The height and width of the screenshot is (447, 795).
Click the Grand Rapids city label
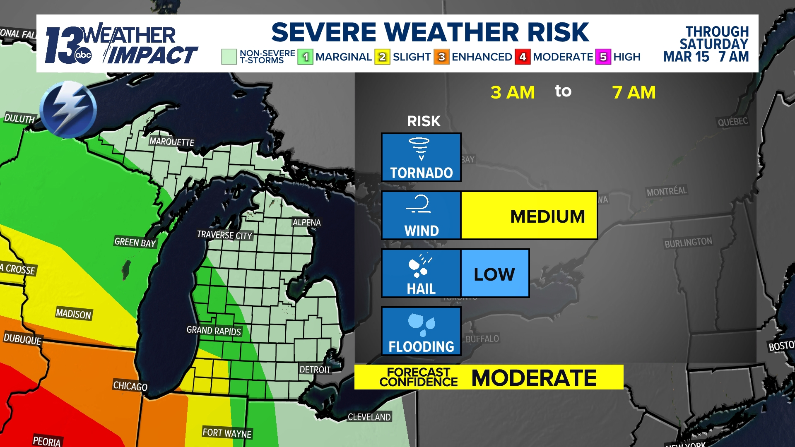[x=214, y=331]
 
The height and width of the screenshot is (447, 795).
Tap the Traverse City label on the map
[x=224, y=235]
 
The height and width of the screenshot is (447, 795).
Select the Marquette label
[x=172, y=142]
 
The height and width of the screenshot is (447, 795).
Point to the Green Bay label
[x=135, y=243]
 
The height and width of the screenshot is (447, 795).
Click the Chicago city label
[x=130, y=386]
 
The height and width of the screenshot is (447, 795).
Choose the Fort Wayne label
[x=227, y=433]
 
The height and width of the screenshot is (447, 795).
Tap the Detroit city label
[x=315, y=370]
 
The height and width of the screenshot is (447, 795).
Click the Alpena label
[x=306, y=223]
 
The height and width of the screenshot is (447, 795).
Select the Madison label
[x=73, y=314]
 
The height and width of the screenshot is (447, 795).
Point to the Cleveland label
[x=369, y=417]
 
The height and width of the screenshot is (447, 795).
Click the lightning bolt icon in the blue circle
[x=68, y=109]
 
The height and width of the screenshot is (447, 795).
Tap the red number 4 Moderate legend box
[x=523, y=57]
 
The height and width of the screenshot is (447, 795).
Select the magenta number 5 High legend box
[x=603, y=57]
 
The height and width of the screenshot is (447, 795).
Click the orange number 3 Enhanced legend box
[x=441, y=57]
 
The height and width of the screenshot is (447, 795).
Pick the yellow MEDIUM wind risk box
[x=529, y=215]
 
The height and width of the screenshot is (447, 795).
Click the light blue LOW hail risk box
[x=495, y=273]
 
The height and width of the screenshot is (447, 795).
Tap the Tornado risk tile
[x=421, y=157]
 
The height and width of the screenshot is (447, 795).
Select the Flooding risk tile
[x=421, y=331]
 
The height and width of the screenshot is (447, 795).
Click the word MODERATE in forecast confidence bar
[x=534, y=377]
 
